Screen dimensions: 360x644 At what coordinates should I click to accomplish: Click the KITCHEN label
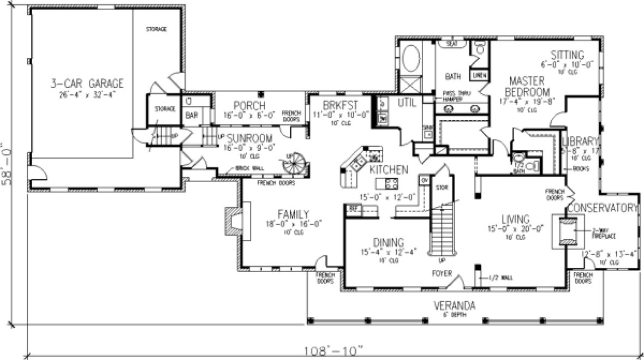point(389,170)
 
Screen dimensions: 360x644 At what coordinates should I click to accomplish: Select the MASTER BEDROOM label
point(527,85)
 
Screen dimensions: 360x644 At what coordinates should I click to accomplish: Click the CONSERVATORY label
point(603,208)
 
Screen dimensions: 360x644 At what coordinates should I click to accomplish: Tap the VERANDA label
point(452,305)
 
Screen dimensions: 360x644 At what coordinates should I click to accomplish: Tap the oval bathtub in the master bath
point(410,58)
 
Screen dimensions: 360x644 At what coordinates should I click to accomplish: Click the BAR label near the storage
point(192,116)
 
